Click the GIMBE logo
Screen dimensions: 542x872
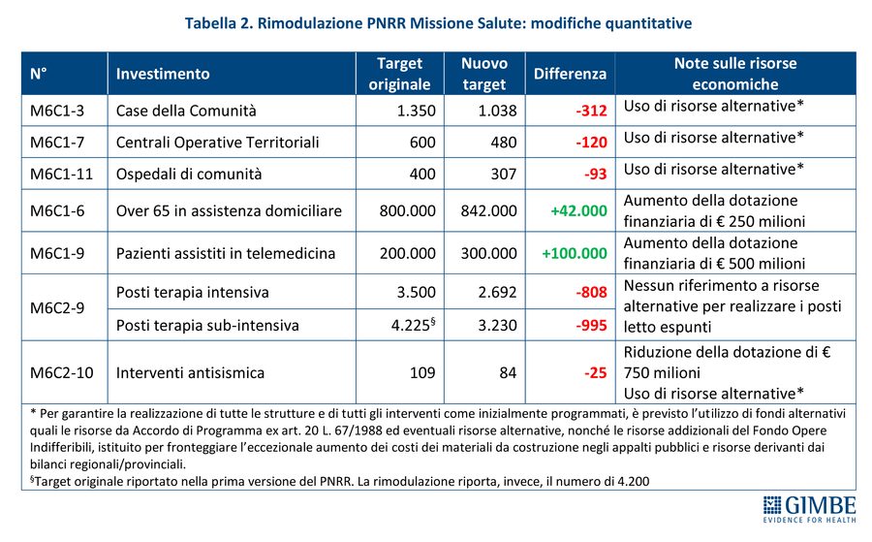coord(810,509)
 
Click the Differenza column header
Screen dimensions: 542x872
coord(570,74)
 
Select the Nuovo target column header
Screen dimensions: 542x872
coord(484,74)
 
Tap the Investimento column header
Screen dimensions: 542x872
coord(163,74)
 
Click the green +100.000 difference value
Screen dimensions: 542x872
coord(575,254)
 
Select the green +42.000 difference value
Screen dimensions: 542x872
coord(578,210)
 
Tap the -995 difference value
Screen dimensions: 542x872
coord(590,325)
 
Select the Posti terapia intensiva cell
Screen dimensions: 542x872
coord(192,292)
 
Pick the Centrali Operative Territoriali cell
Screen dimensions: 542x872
coord(217,143)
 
